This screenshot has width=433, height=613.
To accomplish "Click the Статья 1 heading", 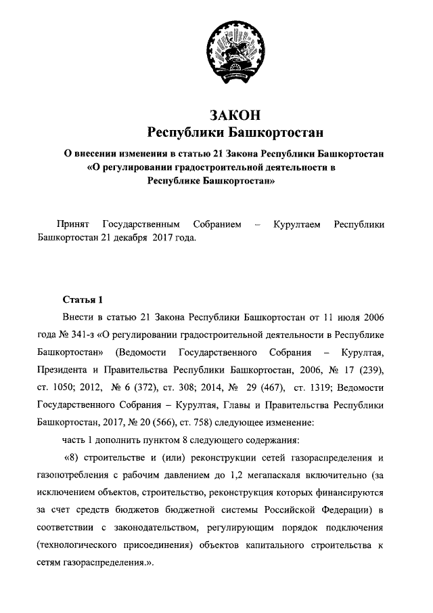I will point(83,299).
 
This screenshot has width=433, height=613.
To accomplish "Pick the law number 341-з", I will point(89,334).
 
